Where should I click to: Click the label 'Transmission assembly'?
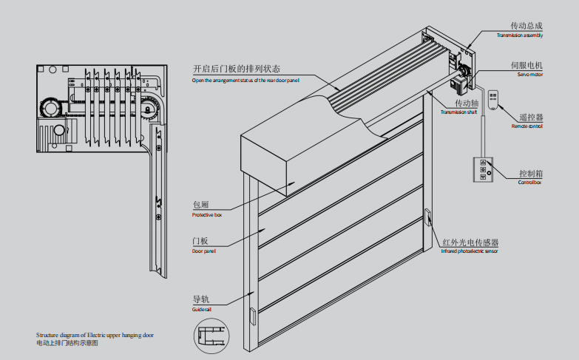(x=520, y=35)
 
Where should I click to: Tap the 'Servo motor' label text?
(x=530, y=75)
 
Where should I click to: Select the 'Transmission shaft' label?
(x=458, y=112)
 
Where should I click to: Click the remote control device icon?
(x=493, y=100)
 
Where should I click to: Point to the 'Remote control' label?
(x=527, y=126)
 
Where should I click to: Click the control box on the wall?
(x=483, y=169)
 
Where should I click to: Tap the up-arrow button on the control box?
(x=483, y=163)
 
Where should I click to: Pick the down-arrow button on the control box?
(x=483, y=177)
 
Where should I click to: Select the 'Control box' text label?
(x=529, y=183)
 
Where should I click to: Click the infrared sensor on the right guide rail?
(x=427, y=217)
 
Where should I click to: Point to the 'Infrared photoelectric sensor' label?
(x=470, y=251)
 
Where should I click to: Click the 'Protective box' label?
(x=207, y=215)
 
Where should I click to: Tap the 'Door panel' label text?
(x=203, y=251)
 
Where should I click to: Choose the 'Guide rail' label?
(x=201, y=310)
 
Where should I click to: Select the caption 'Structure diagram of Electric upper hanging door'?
(x=95, y=336)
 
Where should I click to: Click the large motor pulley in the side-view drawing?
(x=50, y=108)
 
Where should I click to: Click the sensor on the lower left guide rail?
(x=253, y=316)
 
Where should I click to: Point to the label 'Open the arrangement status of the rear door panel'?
(x=246, y=81)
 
